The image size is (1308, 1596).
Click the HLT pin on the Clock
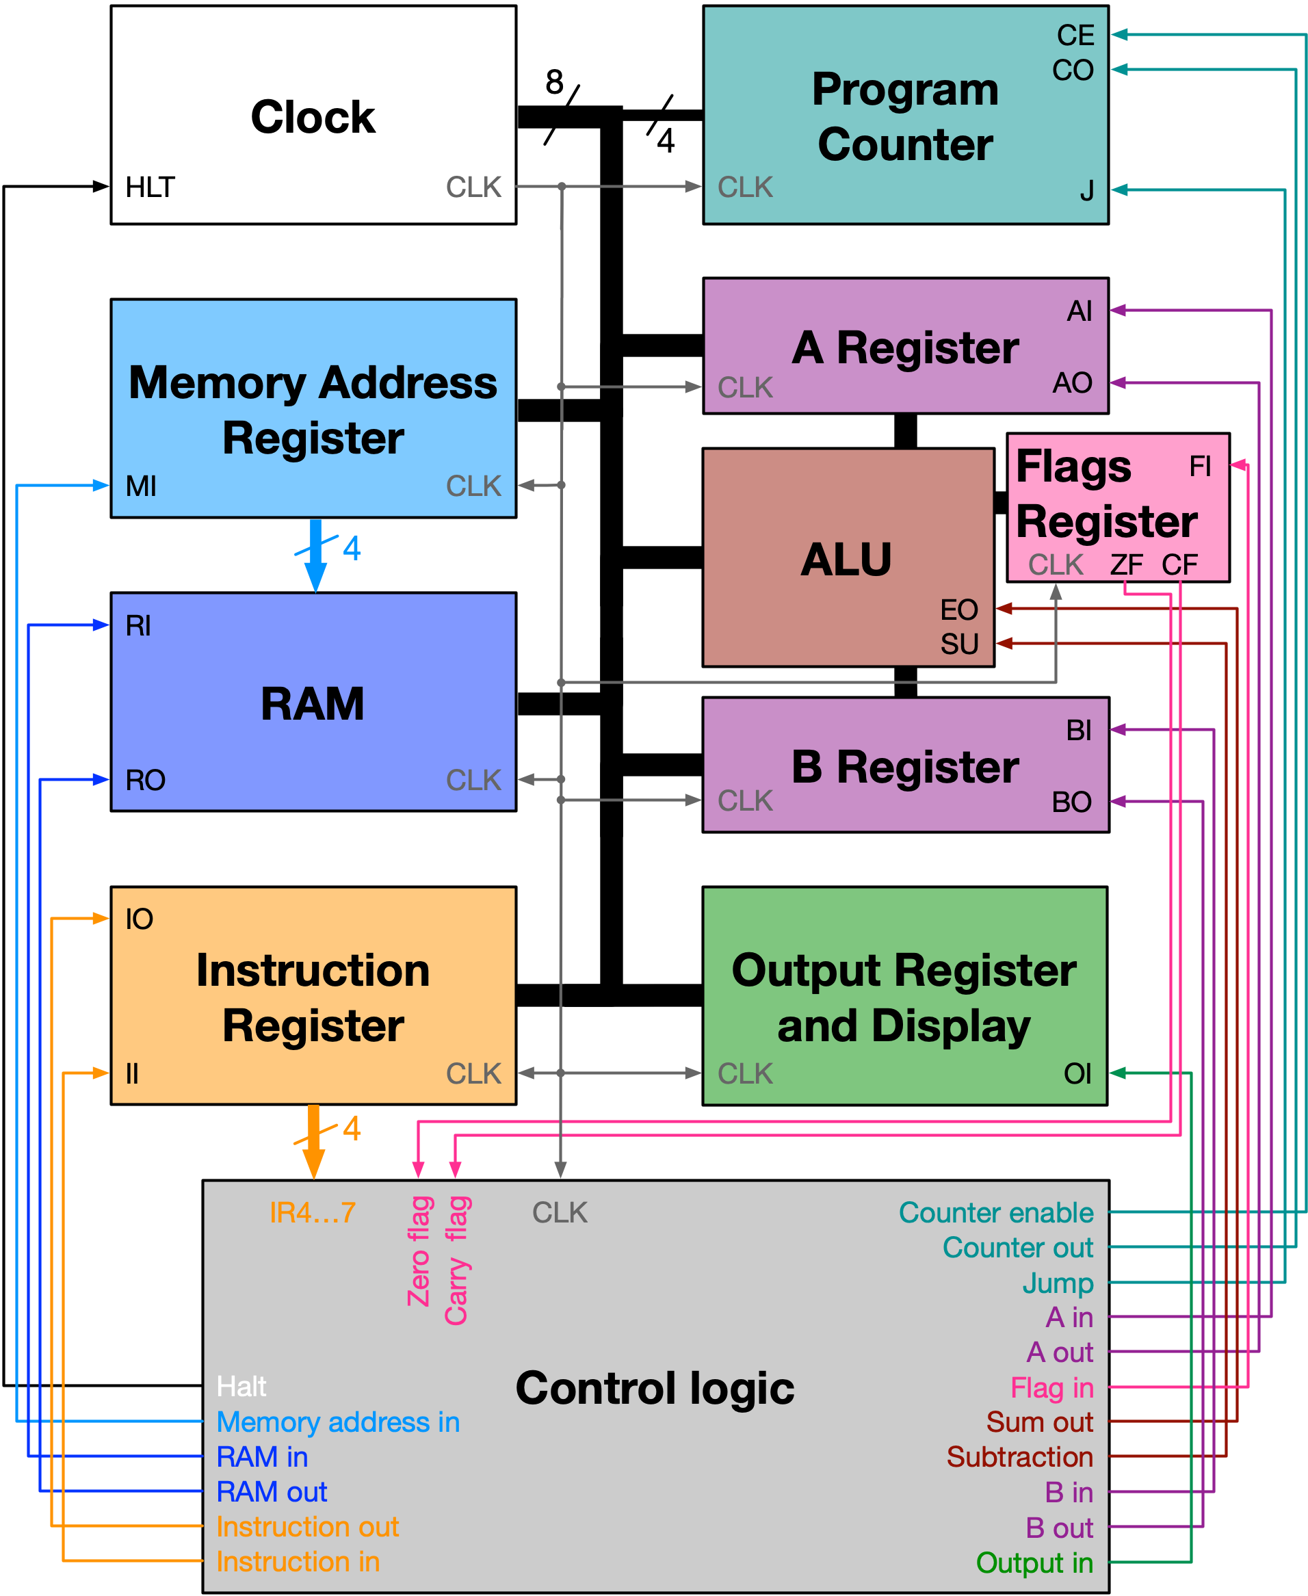point(150,187)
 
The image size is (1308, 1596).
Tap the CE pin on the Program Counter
point(1075,36)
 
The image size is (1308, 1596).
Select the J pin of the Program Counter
point(1086,192)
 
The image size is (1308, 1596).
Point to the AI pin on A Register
point(1079,311)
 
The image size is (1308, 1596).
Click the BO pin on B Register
point(1071,802)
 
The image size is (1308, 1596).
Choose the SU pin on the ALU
point(959,644)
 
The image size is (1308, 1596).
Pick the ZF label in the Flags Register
point(1125,565)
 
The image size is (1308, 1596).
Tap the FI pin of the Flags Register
point(1201,467)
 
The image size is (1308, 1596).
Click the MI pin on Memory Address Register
point(141,486)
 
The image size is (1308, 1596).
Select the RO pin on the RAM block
point(146,780)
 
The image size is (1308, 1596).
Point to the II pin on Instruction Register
point(133,1073)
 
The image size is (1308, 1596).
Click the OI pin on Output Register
point(1077,1074)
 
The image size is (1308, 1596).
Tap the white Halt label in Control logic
point(241,1387)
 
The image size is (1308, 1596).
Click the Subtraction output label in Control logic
point(1019,1456)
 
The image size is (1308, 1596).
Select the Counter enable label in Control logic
point(995,1212)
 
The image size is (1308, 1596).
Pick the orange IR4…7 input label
point(312,1212)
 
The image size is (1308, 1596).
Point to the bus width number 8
point(555,81)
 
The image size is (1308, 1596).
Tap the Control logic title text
point(655,1388)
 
